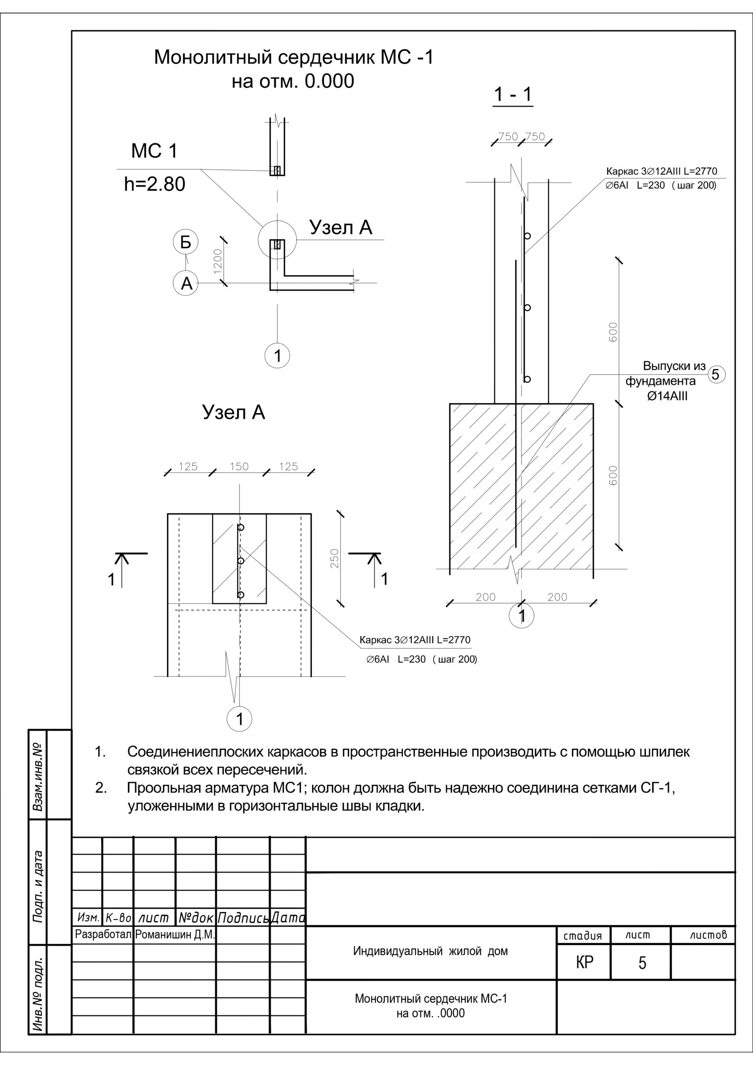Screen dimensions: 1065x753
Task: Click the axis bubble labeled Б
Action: coord(185,242)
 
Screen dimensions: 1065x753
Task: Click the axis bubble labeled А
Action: coord(186,283)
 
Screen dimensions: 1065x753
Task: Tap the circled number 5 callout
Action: coord(716,374)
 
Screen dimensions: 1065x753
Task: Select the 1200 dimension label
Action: coord(218,262)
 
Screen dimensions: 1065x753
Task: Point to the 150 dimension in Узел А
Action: coord(239,467)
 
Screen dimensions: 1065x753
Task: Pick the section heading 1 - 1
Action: coord(512,94)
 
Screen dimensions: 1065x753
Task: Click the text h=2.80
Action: coord(154,184)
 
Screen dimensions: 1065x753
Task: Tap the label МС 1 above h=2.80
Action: coord(154,151)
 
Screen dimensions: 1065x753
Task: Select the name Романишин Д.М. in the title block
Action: coord(175,935)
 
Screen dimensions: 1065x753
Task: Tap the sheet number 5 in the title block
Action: coord(642,963)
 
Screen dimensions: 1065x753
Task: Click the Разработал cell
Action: coord(104,935)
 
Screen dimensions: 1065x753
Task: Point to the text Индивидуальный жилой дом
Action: coord(430,951)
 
